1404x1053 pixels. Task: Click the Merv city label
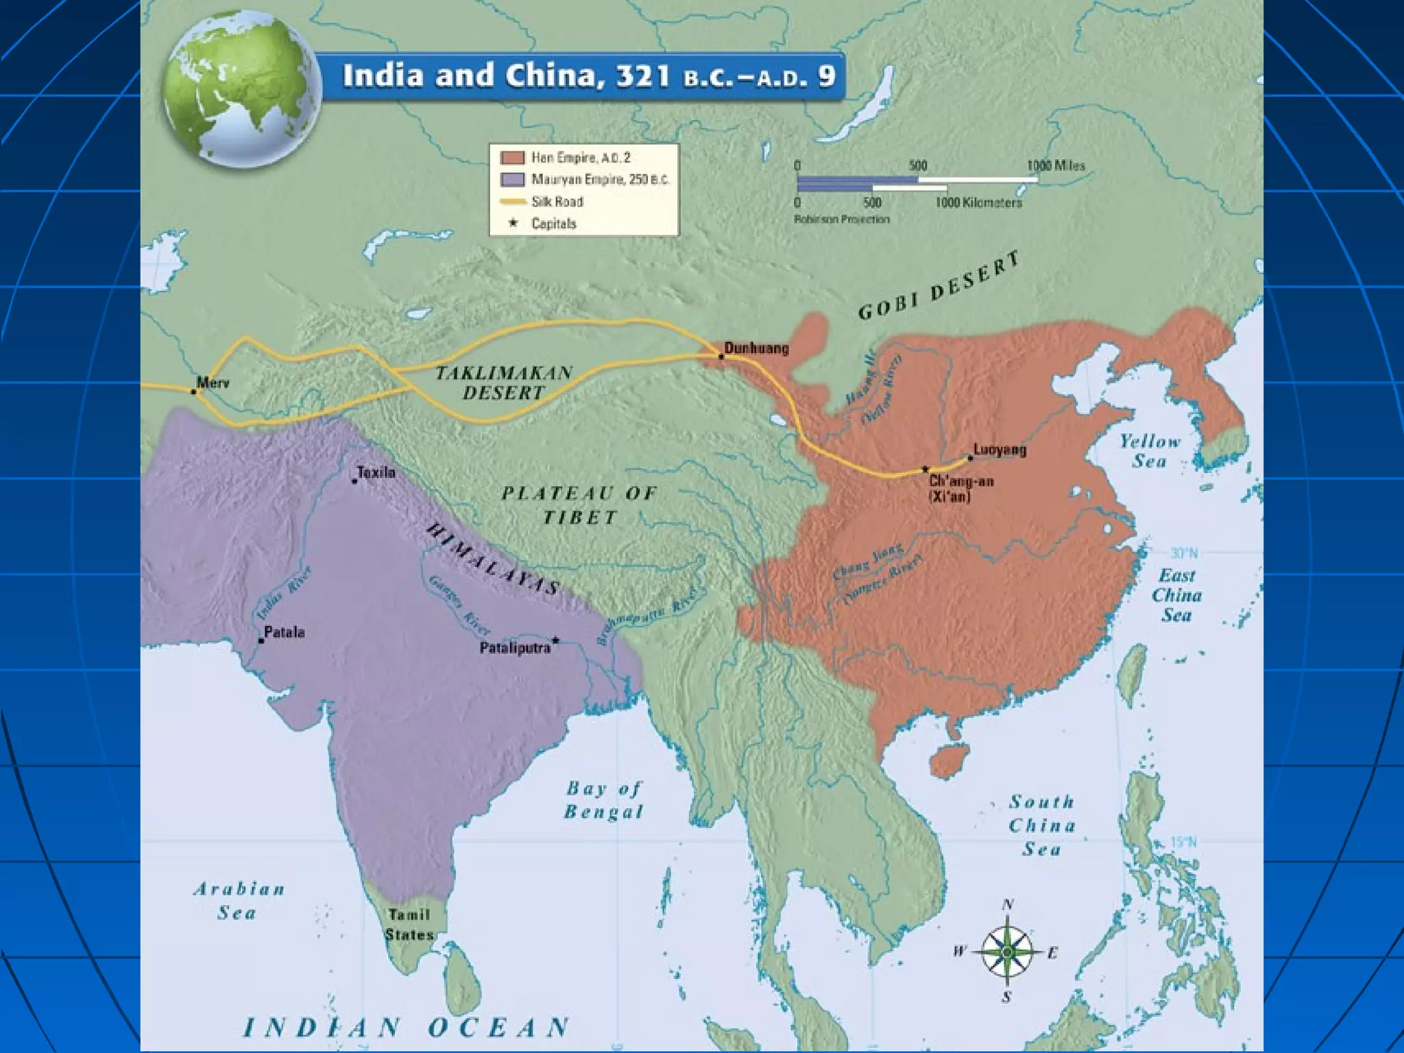point(213,383)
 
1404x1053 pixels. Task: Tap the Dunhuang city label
point(756,348)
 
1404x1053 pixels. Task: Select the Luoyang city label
point(1000,450)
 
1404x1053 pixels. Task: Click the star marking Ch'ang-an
point(925,470)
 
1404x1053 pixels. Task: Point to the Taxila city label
point(376,472)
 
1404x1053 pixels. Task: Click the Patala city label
point(284,632)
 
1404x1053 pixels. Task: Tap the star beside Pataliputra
point(556,641)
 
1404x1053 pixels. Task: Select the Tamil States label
point(409,924)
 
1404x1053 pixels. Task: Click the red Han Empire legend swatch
point(513,158)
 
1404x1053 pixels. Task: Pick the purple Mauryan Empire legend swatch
point(513,180)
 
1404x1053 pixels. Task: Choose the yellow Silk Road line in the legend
point(513,202)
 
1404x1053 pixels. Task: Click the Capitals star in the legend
point(513,223)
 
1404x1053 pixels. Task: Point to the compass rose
point(1006,952)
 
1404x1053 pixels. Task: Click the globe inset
point(241,89)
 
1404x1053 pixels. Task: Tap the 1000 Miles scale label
point(1056,165)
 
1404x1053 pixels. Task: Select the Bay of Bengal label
point(604,800)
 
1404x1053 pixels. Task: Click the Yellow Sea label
point(1150,450)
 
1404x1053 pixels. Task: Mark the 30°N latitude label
point(1184,553)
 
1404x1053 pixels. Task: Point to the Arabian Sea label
point(239,901)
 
